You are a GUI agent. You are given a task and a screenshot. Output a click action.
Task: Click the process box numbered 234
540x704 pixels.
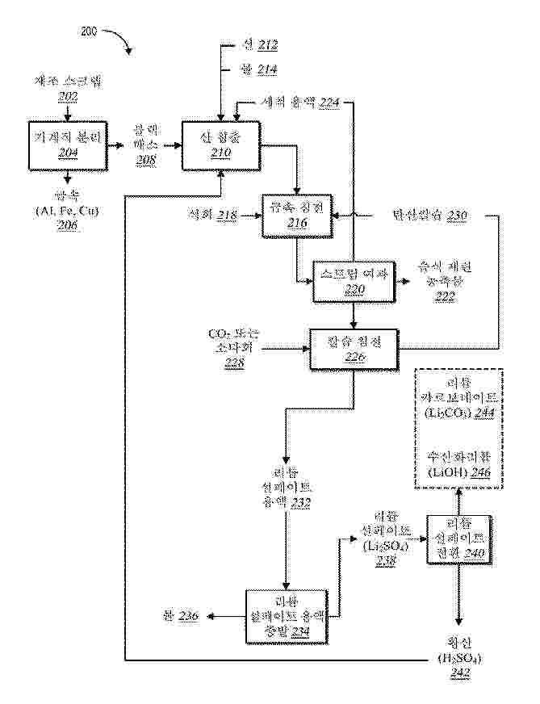287,614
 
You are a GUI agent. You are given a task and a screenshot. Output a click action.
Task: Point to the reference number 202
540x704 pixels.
68,97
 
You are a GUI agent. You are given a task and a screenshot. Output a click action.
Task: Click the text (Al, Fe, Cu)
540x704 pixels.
68,211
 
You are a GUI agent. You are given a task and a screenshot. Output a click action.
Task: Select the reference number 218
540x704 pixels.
228,216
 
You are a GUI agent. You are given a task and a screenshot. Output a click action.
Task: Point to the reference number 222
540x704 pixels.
444,297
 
